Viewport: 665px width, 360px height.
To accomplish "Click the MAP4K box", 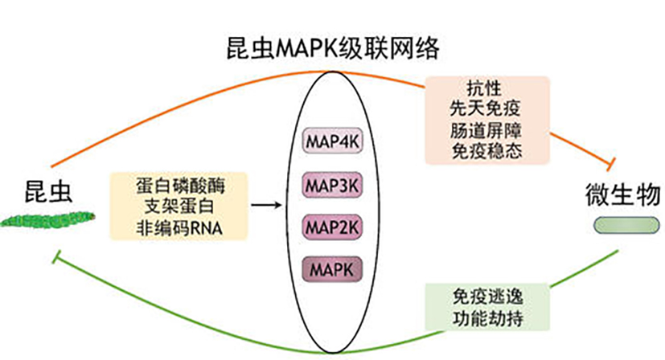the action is coord(332,141).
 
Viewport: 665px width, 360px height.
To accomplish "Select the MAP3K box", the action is coord(332,185).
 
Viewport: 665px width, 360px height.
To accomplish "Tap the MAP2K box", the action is coord(332,227).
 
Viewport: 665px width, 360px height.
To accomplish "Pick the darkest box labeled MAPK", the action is coord(332,269).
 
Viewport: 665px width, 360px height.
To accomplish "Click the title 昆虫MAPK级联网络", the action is coord(333,49).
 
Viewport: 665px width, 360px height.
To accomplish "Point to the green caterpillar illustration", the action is coord(47,219).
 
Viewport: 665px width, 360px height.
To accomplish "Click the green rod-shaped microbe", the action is coord(626,225).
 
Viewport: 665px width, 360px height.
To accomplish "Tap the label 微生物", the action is coord(622,194).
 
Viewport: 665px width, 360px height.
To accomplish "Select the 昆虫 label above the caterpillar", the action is coord(48,191).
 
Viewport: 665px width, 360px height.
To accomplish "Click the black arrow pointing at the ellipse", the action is coord(266,205).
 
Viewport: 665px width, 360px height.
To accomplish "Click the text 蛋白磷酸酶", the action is coord(181,186).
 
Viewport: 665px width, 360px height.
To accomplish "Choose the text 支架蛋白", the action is coord(179,207).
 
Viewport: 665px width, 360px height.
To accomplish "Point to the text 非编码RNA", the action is coord(179,228).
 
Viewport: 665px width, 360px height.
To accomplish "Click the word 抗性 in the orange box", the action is coord(484,88).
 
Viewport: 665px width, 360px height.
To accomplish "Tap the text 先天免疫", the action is coord(485,108).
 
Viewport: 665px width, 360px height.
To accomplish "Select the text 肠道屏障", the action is coord(486,131).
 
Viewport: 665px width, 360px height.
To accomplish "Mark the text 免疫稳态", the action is coord(486,151).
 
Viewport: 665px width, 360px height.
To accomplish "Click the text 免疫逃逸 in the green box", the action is coord(488,297).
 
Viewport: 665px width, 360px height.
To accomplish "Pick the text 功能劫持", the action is coord(488,318).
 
